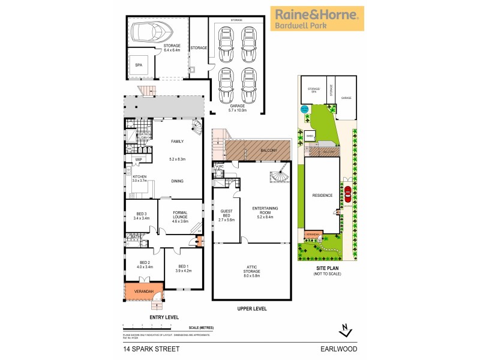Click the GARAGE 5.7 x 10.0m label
tap(235, 108)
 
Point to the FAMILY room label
tap(177, 142)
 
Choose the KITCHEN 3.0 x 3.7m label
tap(139, 178)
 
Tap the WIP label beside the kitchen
tap(138, 159)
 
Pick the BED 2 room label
tap(145, 264)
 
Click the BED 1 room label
tap(184, 268)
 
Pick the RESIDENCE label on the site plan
tap(322, 195)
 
